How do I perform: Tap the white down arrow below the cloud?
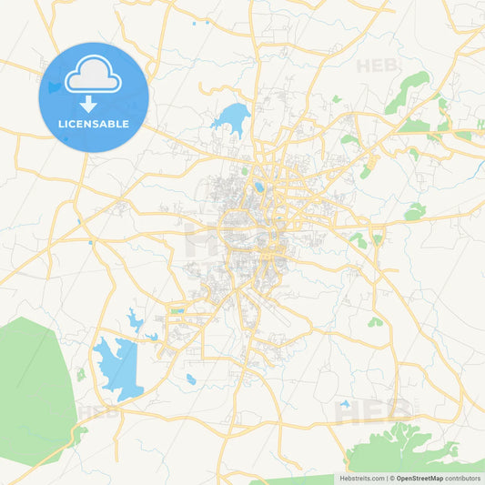[94, 104]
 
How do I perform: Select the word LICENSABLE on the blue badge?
[94, 124]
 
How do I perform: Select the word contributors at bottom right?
[463, 478]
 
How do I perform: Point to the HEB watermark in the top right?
[376, 66]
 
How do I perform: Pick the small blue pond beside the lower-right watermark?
[344, 403]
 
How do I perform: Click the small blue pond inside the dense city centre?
[259, 187]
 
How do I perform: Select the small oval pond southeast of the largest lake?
[190, 379]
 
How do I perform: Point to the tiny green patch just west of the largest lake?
[80, 374]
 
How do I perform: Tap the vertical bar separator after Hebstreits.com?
[385, 478]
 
